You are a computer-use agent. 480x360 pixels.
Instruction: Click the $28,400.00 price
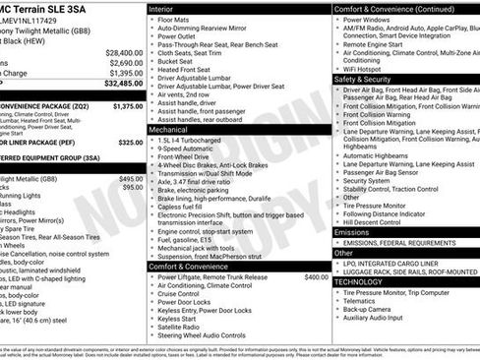click(x=124, y=52)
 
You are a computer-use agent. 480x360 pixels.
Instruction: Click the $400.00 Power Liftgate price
click(x=316, y=277)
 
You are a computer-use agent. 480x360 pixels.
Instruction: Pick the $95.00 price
click(x=132, y=187)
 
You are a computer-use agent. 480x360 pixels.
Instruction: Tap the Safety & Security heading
click(x=363, y=79)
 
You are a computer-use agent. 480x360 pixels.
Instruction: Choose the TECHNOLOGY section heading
click(x=358, y=281)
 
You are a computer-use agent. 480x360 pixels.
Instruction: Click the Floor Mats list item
click(x=176, y=19)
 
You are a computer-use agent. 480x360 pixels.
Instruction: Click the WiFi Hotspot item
click(x=365, y=69)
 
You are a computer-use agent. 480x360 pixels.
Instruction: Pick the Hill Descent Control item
click(x=379, y=222)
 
